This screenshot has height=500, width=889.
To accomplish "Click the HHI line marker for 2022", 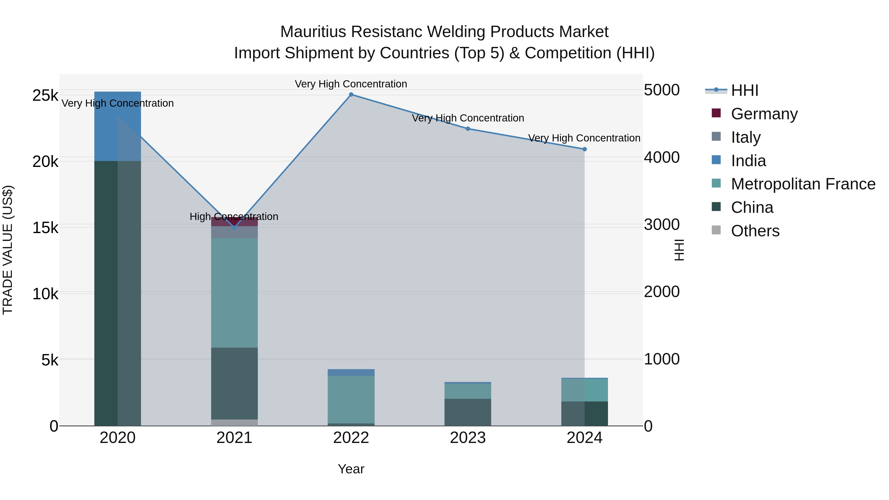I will (351, 95).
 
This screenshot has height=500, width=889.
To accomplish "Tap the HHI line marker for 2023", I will (468, 129).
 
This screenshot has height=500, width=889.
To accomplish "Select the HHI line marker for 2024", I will (585, 149).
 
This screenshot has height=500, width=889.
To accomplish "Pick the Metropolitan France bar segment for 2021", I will (234, 293).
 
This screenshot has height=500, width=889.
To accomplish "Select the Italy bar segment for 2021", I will (234, 232).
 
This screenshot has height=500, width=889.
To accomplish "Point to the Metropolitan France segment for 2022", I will (351, 399).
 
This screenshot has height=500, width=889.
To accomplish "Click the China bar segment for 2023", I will (468, 412).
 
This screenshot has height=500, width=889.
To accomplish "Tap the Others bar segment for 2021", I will (234, 422).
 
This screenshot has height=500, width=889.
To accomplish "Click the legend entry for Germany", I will (764, 114).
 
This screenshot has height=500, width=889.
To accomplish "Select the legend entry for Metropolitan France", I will (803, 184).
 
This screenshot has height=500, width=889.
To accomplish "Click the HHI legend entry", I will (744, 90).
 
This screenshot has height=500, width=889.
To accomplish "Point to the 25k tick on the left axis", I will (45, 96).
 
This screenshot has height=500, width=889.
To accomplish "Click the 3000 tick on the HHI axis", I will (662, 225).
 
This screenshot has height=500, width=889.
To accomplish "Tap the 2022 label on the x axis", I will (351, 438).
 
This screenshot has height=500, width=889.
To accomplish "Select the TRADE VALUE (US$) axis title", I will (8, 250).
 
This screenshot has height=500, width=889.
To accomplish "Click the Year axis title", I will (351, 469).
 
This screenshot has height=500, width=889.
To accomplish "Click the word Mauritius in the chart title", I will (313, 32).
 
